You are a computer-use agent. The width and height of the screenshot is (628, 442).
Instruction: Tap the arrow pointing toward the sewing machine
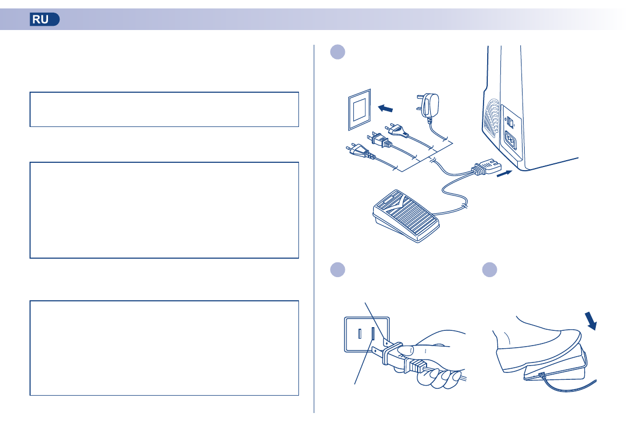(x=504, y=173)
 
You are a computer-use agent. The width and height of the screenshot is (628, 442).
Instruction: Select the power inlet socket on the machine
(x=511, y=140)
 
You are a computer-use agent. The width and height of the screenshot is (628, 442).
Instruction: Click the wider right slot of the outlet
(x=373, y=334)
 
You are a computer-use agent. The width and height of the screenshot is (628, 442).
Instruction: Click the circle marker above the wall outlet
(x=337, y=52)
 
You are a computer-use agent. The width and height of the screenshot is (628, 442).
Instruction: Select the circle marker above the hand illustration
(x=337, y=269)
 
